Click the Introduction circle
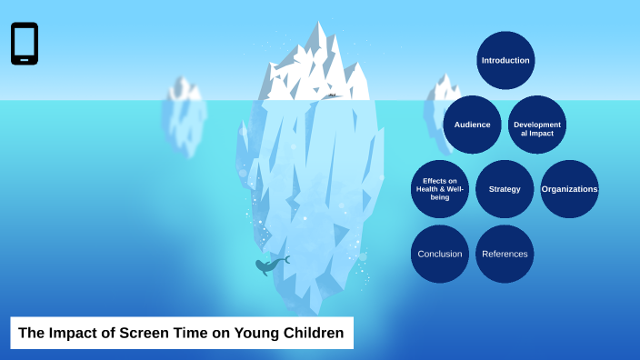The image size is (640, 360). tap(505, 60)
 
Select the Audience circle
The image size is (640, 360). tap(472, 125)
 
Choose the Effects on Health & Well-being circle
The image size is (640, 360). tap(439, 189)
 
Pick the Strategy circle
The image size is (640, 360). tap(505, 189)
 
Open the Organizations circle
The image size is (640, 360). tap(570, 189)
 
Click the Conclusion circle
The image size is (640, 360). tap(439, 254)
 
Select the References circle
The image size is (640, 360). tap(505, 254)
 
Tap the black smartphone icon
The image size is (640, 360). tap(25, 44)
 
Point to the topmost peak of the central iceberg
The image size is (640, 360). tap(318, 24)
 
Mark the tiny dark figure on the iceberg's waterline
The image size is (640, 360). tap(333, 95)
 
